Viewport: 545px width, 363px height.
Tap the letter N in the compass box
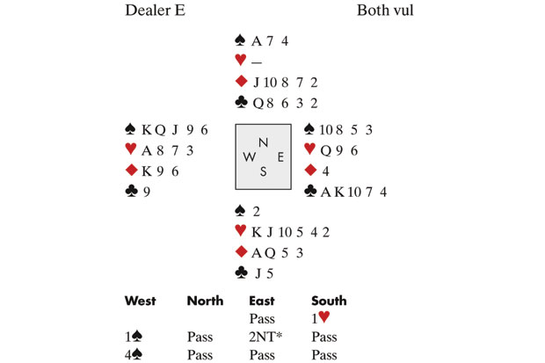[x=263, y=142]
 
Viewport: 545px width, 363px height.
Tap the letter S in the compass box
[x=263, y=171]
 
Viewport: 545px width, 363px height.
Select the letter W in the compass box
[x=250, y=157]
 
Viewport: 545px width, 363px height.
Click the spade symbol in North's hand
[x=240, y=40]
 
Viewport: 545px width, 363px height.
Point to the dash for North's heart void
[x=257, y=61]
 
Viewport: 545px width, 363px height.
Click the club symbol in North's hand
[x=240, y=102]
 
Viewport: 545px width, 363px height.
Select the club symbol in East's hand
[x=309, y=191]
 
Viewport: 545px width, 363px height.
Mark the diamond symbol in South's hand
[x=240, y=252]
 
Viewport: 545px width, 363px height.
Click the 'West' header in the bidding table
[x=141, y=301]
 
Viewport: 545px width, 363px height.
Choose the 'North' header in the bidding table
[x=205, y=301]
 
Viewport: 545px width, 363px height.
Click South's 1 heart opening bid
[x=321, y=319]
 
